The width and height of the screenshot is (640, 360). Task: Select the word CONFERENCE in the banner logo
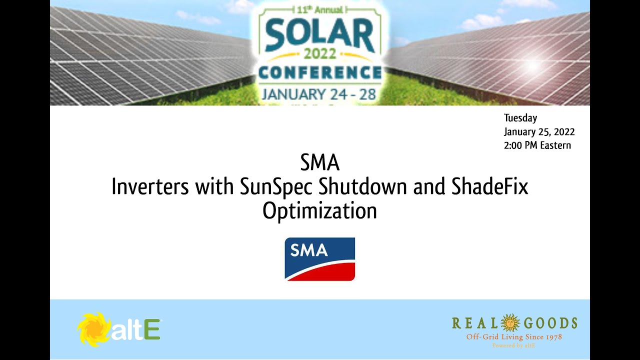[x=319, y=73]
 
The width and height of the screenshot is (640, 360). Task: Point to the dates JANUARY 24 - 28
[x=319, y=93]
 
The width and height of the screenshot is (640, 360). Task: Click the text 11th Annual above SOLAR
[x=319, y=9]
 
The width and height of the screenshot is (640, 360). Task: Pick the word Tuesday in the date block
[x=520, y=118]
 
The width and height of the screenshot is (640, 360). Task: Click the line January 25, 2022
[x=539, y=132]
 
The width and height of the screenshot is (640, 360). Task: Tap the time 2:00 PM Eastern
[x=537, y=145]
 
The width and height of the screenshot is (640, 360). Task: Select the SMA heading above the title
[x=320, y=162]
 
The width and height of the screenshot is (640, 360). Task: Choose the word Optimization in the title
[x=319, y=211]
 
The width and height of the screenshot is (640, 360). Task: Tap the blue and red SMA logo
[x=320, y=259]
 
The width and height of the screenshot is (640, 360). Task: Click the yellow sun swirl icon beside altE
[x=93, y=329]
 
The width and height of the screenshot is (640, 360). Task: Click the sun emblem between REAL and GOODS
[x=510, y=323]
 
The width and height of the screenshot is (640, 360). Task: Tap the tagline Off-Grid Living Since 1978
[x=514, y=337]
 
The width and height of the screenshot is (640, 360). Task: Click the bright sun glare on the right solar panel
[x=532, y=65]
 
